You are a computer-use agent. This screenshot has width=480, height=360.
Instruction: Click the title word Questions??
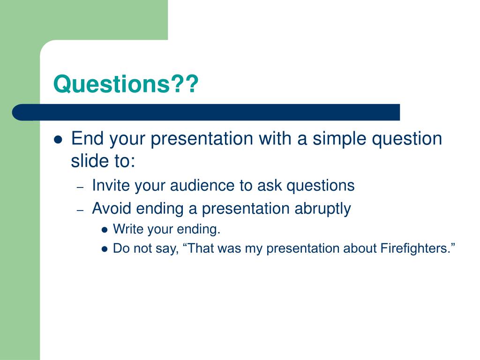(x=126, y=84)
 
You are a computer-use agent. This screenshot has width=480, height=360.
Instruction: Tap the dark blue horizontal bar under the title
(x=206, y=112)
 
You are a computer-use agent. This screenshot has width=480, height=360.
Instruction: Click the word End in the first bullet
(x=87, y=138)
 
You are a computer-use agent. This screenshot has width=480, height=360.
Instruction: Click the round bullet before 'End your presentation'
(x=58, y=140)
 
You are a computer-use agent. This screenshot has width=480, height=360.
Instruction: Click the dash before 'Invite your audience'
(x=80, y=187)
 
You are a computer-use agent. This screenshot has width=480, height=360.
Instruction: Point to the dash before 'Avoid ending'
(x=80, y=210)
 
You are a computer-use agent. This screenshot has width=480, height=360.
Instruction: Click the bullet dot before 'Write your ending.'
(x=105, y=230)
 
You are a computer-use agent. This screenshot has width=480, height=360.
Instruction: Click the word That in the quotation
(x=199, y=248)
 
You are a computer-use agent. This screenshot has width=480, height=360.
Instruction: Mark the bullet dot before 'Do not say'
(x=105, y=249)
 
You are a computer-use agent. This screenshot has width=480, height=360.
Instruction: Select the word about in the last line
(x=360, y=248)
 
